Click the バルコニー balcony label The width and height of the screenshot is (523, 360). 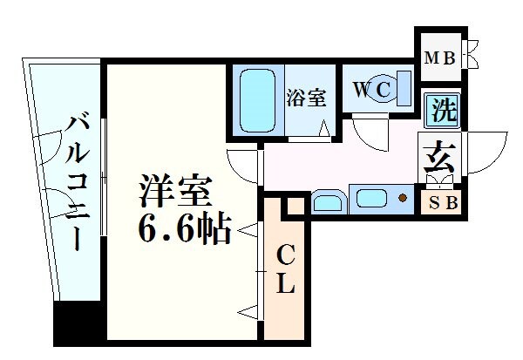[73, 180]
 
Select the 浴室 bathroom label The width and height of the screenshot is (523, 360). [306, 98]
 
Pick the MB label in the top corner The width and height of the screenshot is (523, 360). [438, 58]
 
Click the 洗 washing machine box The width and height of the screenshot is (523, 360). [444, 111]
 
